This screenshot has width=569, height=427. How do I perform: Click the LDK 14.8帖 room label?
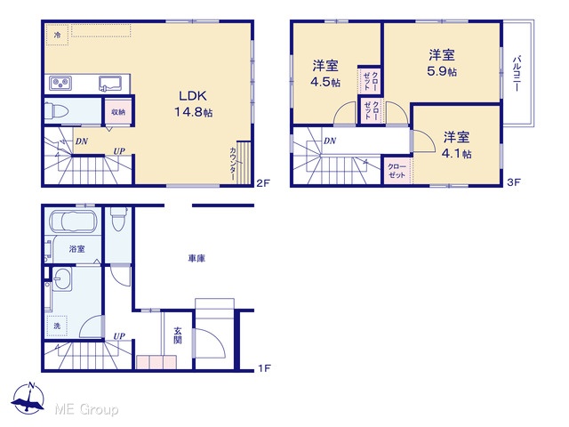(194, 103)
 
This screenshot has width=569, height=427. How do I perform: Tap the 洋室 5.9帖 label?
(442, 63)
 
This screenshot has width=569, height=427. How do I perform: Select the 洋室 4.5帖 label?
(325, 74)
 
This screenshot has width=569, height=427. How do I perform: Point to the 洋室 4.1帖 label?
(456, 145)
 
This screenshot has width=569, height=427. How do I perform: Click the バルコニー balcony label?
(517, 73)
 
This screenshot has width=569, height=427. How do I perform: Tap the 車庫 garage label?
(196, 258)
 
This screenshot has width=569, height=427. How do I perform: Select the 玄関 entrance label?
(178, 335)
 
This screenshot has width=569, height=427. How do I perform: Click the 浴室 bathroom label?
(77, 249)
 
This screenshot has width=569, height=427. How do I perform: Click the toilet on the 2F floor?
(57, 110)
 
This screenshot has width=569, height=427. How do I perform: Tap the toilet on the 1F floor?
(118, 219)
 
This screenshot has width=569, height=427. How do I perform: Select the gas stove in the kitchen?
(60, 84)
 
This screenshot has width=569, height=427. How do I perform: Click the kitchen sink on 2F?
(110, 84)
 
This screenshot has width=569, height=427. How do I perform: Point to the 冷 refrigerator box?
(57, 35)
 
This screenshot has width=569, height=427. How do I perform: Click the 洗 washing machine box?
(57, 326)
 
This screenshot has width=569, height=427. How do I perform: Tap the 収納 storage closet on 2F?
(118, 112)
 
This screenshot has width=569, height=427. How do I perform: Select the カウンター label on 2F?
(233, 164)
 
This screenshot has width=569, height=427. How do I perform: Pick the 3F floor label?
(514, 182)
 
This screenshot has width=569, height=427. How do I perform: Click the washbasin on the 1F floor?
(62, 278)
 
